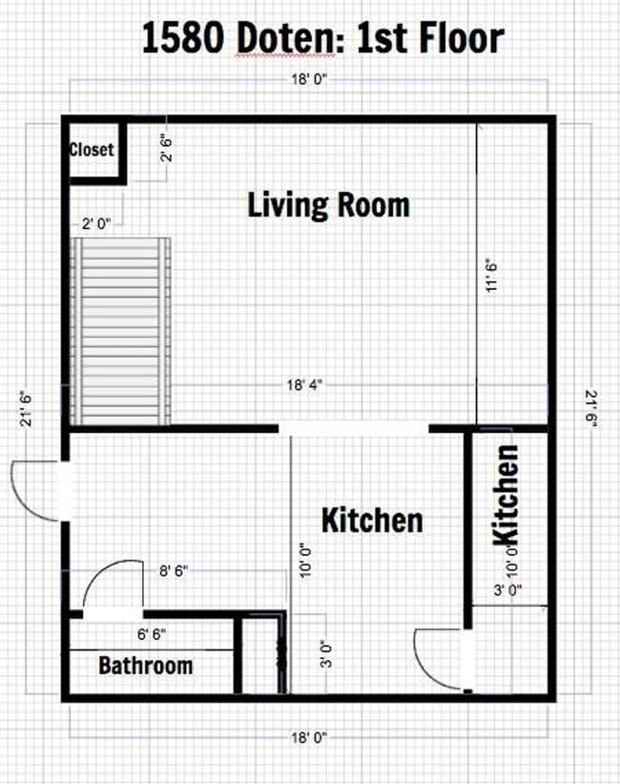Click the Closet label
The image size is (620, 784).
(x=92, y=150)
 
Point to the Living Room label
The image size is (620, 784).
(x=328, y=204)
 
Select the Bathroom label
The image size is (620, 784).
(x=145, y=666)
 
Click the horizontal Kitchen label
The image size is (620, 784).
(x=371, y=521)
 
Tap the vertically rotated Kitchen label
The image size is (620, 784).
(x=505, y=496)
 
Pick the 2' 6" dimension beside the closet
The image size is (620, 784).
(x=169, y=149)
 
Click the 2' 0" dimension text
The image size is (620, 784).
(x=96, y=223)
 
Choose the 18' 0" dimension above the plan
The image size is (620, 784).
(x=309, y=81)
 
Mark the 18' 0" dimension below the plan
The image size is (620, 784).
(x=309, y=737)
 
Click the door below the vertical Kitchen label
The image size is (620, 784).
(x=444, y=658)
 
